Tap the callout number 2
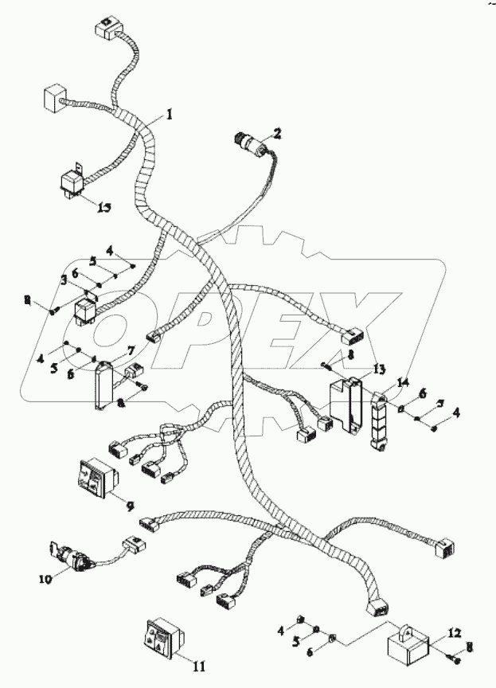[x=277, y=132]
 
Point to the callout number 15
[x=104, y=209]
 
